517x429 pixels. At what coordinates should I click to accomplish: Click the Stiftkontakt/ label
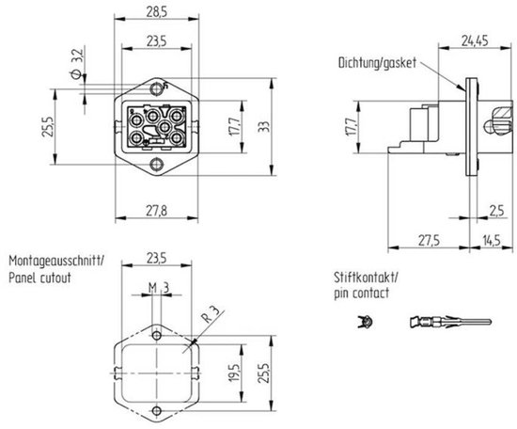pos(364,277)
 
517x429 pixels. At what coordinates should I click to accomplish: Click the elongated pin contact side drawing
pos(447,325)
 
